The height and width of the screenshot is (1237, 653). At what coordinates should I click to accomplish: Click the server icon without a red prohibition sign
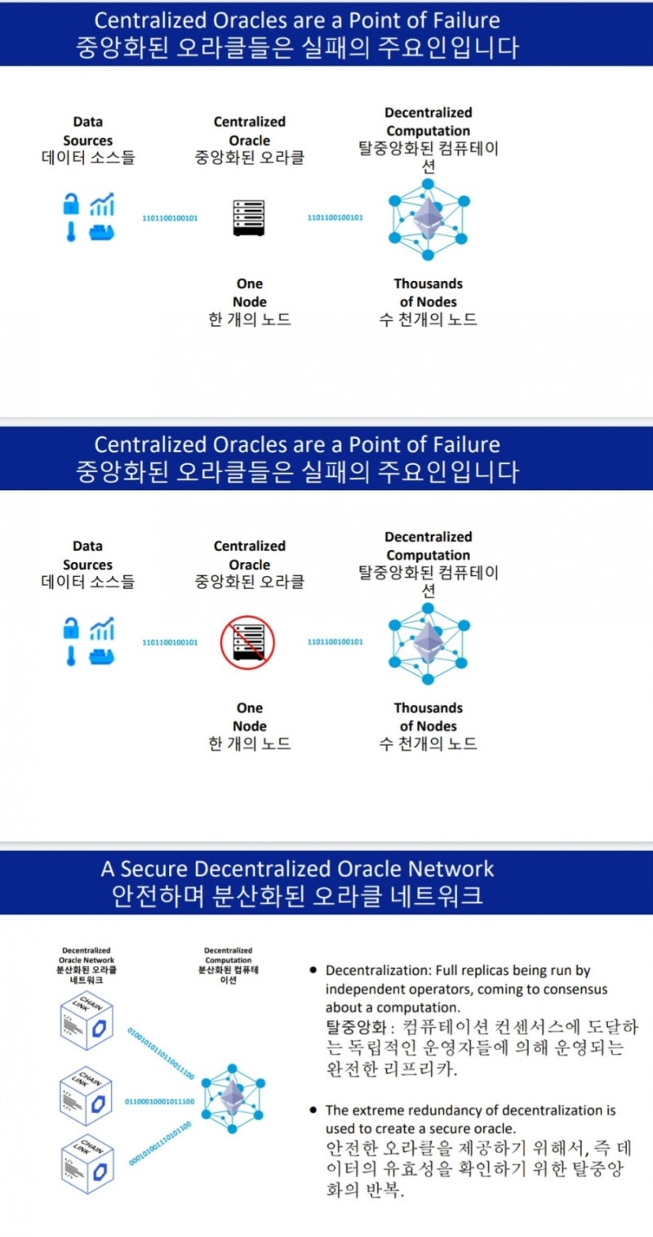(249, 218)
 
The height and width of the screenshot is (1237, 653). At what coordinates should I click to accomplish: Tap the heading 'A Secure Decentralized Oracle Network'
(297, 869)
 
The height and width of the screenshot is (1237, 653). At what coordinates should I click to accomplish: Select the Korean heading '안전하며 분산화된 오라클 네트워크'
(297, 895)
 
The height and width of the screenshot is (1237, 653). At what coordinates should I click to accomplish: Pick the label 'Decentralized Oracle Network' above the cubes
(87, 955)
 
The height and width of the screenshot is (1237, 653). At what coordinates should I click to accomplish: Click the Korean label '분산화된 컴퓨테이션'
(229, 974)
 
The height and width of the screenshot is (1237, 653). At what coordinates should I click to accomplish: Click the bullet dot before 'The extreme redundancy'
(313, 1110)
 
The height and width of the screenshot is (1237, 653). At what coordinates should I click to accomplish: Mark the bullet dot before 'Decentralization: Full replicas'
(313, 971)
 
